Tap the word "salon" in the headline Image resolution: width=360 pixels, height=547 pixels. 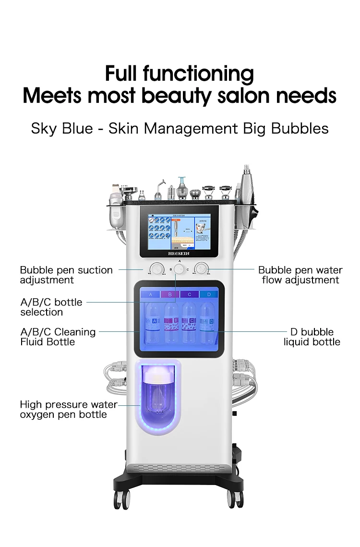(x=245, y=95)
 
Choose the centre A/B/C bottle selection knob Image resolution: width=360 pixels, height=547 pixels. (x=180, y=270)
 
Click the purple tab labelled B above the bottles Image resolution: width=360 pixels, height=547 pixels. (x=170, y=294)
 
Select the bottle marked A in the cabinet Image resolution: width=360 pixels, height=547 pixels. (x=153, y=322)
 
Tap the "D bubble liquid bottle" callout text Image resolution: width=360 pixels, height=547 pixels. (x=312, y=337)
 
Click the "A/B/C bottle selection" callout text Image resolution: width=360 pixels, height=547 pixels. (x=51, y=307)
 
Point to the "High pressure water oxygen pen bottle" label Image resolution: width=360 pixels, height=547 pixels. (x=67, y=409)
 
